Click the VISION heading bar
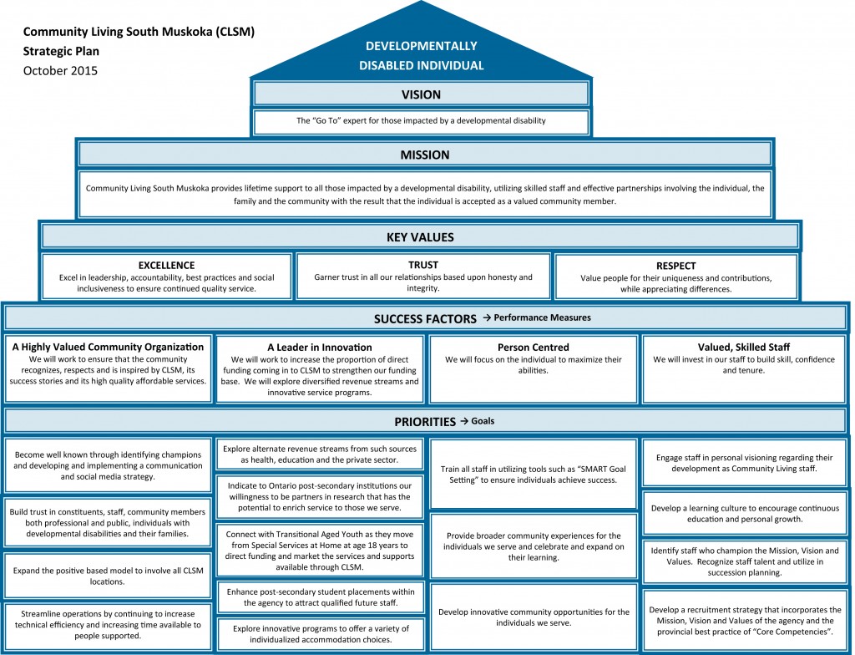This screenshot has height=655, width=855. click(x=421, y=94)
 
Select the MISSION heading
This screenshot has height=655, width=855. click(x=425, y=155)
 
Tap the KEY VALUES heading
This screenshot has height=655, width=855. click(x=420, y=237)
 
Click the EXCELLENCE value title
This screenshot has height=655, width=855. click(x=166, y=266)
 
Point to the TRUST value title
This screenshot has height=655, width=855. click(x=423, y=265)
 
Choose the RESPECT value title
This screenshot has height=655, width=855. click(x=676, y=266)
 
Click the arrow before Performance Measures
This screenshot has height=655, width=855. click(x=487, y=317)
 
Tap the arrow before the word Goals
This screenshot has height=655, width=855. click(x=464, y=421)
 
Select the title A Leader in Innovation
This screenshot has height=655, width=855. click(x=320, y=348)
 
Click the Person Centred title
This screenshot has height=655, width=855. click(x=534, y=348)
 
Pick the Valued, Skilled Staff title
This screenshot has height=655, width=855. click(x=744, y=348)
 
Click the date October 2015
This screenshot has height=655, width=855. click(x=60, y=70)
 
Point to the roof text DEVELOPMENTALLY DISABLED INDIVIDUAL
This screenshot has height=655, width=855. click(x=422, y=56)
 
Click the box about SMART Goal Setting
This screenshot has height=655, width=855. click(x=534, y=475)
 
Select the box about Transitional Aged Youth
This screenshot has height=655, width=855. click(x=320, y=551)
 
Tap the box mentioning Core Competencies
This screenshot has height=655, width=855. click(x=745, y=621)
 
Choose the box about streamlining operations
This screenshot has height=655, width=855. click(x=108, y=625)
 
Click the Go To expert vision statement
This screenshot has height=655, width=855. click(x=421, y=120)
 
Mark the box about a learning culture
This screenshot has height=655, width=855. click(x=745, y=513)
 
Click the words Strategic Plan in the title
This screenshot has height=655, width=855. click(x=61, y=51)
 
